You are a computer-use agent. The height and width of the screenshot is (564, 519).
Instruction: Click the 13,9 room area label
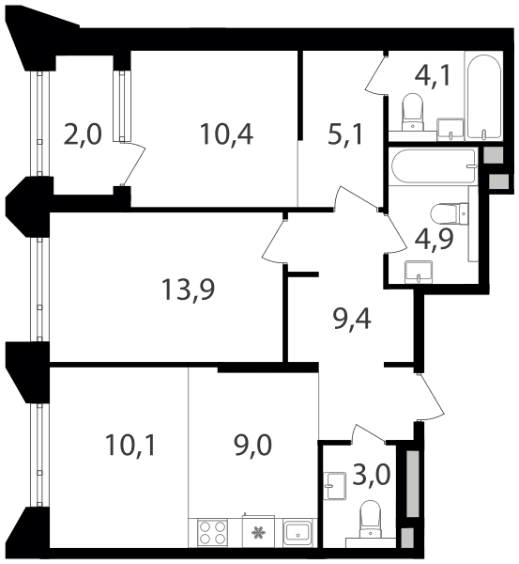point(189,290)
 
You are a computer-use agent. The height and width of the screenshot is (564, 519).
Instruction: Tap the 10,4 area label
point(226,133)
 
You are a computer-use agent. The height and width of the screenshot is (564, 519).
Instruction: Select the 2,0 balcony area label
point(83,133)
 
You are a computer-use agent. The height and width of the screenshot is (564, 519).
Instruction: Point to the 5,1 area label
point(345,133)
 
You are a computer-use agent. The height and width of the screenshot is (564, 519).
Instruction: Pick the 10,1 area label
point(130,445)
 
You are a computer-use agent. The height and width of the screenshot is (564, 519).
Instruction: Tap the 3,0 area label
point(371,475)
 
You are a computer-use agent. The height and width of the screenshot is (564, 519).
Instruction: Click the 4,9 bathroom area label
point(435,239)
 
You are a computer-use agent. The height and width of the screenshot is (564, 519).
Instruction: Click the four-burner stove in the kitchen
point(212,533)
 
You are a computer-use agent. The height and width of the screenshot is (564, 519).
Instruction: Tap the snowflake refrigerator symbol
point(258,532)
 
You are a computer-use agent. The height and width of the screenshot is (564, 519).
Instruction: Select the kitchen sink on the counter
point(298,533)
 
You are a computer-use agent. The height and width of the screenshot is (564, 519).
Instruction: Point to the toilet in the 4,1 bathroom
point(412,112)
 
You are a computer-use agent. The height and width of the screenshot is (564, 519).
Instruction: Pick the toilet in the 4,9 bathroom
point(450,213)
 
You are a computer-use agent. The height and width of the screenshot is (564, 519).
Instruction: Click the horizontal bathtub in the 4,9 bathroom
point(434,166)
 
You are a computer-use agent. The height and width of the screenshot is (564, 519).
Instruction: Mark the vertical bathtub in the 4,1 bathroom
point(483,96)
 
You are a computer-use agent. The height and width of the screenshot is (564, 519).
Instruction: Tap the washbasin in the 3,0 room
point(334,486)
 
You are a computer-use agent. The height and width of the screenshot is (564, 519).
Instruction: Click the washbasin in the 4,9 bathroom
point(419,272)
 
